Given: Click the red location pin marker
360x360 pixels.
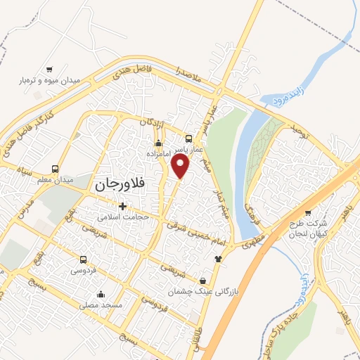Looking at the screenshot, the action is (181, 166).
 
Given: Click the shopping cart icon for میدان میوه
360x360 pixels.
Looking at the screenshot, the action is (49, 70).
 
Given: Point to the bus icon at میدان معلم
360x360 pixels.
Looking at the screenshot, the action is (56, 169).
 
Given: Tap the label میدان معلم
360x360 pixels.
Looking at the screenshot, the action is (56, 180).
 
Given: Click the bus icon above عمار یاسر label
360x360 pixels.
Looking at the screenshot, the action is (188, 139).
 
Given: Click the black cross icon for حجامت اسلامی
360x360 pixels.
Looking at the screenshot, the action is (123, 206).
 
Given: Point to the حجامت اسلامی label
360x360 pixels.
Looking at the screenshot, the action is (124, 217).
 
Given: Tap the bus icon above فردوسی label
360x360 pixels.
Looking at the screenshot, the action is (84, 259).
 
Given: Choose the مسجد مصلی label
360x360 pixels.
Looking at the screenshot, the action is (101, 305).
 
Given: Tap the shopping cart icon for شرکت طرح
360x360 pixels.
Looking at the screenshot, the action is (308, 212).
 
